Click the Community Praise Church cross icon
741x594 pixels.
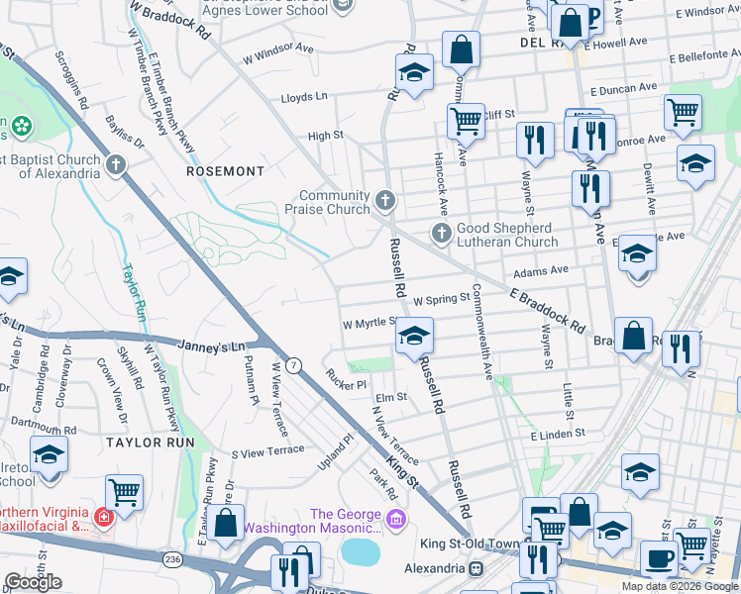pos(385,203)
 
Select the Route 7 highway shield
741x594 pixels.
pos(293,365)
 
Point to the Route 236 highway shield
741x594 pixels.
pos(174,559)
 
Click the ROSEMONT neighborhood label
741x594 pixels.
pos(226,171)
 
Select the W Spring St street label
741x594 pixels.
pos(441,298)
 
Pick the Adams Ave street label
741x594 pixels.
pos(541,269)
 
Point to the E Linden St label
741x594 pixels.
pos(559,435)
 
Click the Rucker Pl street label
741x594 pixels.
pos(347,378)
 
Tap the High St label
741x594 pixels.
pos(325,136)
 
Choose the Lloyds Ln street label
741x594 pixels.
pos(303,97)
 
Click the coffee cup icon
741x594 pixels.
pos(659,557)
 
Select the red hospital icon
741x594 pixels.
pos(102,515)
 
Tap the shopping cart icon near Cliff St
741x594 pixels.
pos(465,121)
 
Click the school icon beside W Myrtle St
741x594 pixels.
pos(415,335)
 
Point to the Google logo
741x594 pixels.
pos(33,581)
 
